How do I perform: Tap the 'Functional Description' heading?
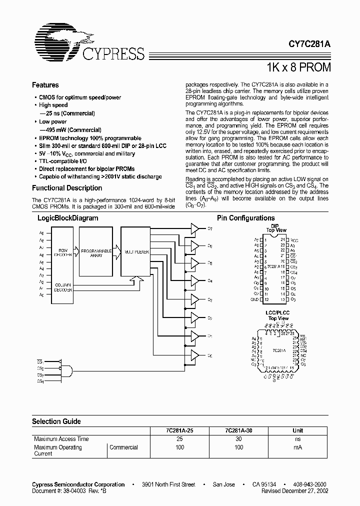[x=67, y=188]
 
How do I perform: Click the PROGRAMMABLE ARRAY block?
[x=93, y=252]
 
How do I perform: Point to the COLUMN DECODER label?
[x=63, y=286]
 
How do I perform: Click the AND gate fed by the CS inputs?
[x=66, y=371]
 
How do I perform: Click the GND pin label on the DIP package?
[x=254, y=299]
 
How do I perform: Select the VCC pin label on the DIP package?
[x=294, y=239]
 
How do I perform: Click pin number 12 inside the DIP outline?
[x=267, y=299]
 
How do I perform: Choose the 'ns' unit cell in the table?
[x=297, y=438]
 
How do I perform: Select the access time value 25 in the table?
[x=180, y=438]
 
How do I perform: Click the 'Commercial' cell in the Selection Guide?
[x=123, y=447]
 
